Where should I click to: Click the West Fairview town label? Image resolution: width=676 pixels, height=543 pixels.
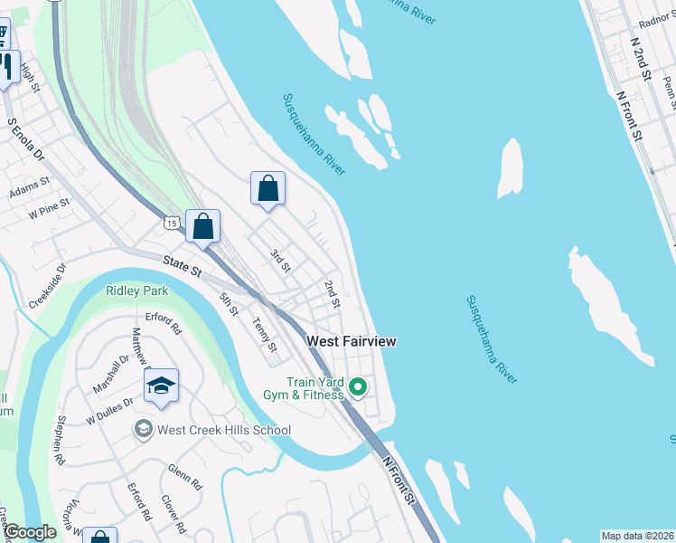point(352,341)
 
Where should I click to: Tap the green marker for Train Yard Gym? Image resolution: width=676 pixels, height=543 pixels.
point(358,388)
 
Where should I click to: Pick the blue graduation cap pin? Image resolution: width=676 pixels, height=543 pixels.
point(161,387)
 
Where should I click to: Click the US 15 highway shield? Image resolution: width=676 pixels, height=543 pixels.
point(172,221)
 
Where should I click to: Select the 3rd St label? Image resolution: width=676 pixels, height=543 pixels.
point(280,261)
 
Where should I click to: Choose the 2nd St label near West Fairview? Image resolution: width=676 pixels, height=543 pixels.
point(332,294)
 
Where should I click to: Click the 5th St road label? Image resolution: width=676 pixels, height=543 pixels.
point(229,304)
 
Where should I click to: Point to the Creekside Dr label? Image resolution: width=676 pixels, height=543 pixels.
point(47,286)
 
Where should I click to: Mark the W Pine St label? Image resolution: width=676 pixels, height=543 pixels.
point(49,210)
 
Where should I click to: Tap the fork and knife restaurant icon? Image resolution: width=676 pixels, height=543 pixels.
point(6,67)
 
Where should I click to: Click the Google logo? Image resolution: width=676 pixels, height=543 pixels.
point(30,532)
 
